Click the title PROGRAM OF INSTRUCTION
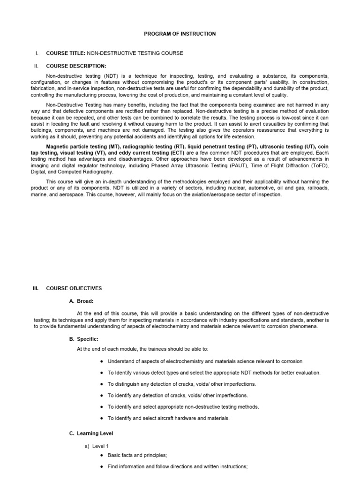point(180,34)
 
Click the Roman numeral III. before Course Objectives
point(37,288)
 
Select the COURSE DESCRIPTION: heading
point(76,66)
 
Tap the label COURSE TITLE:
point(65,53)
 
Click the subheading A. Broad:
point(84,301)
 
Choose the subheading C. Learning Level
point(91,434)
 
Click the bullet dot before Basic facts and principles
point(102,455)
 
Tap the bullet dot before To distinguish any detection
point(102,384)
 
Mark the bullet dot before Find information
point(102,467)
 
